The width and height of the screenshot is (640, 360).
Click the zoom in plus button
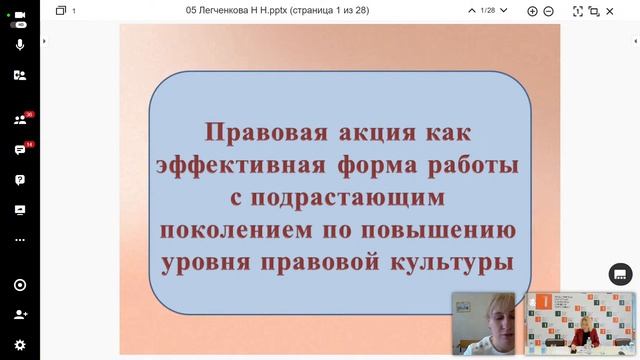tap(532, 10)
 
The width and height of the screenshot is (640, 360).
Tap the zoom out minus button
tap(549, 10)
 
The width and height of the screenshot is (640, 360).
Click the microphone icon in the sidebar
tap(19, 45)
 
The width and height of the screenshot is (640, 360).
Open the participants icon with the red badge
tap(19, 120)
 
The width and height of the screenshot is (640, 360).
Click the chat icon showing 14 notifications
tap(19, 150)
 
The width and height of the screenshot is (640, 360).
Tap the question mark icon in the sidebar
tap(19, 180)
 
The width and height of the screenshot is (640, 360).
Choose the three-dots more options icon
tap(19, 240)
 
